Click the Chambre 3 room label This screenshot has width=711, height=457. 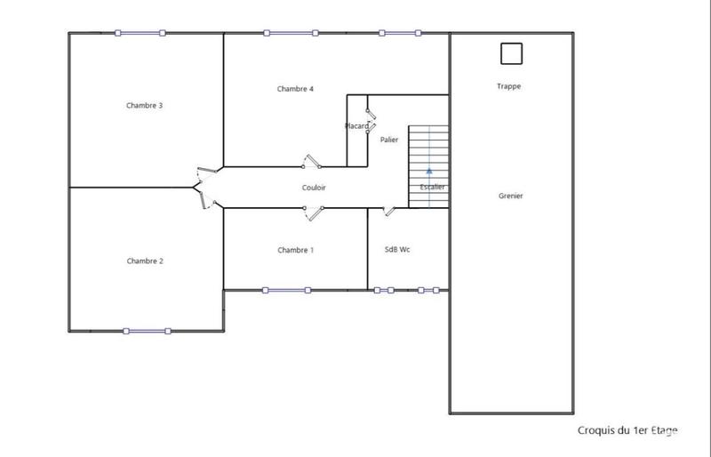coord(145,105)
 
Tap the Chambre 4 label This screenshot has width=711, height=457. coord(295,89)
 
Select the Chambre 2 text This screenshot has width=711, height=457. coord(145,261)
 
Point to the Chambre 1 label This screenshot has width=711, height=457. coord(295,251)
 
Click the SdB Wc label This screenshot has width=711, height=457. coord(397,250)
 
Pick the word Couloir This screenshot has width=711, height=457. coord(315,188)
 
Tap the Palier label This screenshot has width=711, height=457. coord(388,140)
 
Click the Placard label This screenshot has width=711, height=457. coord(356,126)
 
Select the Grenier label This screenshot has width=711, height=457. coord(510,196)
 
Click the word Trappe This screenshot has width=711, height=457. coord(509,86)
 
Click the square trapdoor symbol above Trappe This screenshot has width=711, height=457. coord(511,54)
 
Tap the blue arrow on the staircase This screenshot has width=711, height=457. coord(429,169)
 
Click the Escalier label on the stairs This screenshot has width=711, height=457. coord(432,187)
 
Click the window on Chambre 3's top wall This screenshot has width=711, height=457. coord(140,33)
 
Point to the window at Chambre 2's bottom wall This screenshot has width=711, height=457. coord(146,331)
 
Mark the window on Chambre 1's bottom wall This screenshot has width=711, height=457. coord(286,290)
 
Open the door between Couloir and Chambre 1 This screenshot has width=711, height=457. coord(314,211)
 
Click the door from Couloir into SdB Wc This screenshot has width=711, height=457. coord(387,211)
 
